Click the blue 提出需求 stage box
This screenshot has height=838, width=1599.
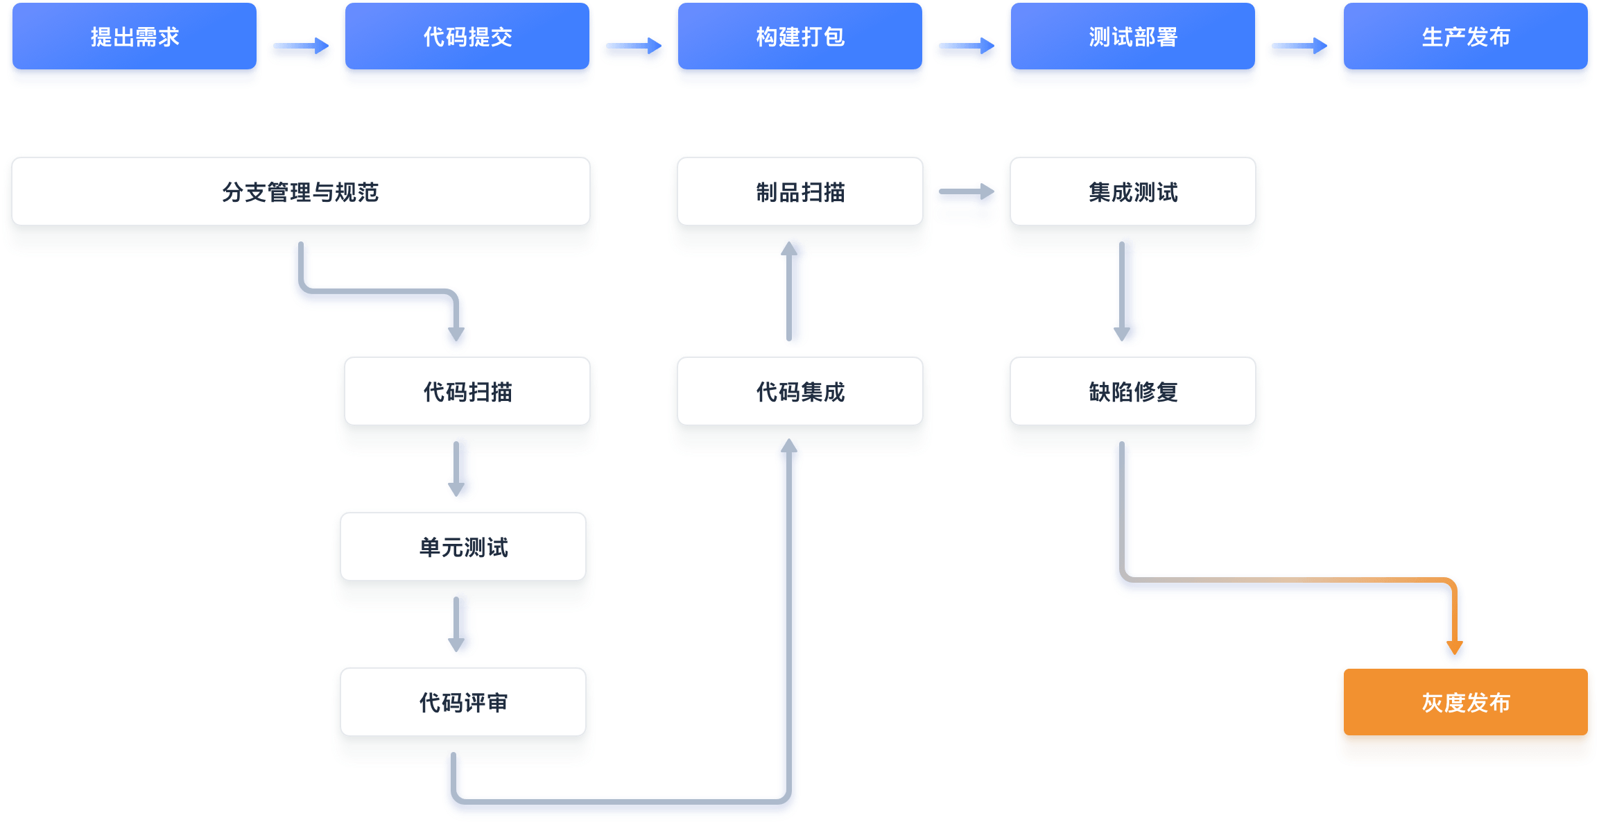[135, 37]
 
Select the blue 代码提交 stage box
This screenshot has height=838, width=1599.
[467, 37]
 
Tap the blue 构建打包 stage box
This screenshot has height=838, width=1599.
[800, 37]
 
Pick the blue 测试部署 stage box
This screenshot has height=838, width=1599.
[1133, 37]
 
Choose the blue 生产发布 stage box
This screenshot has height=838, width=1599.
[1466, 37]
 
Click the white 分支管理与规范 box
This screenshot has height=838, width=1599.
[301, 192]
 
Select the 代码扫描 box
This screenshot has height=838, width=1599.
[467, 392]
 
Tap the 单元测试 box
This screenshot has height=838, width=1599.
[463, 547]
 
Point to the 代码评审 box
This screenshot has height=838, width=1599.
[463, 703]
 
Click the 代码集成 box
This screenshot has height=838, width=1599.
[800, 392]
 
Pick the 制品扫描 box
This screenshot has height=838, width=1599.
[800, 192]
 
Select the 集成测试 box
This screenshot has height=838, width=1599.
[1133, 192]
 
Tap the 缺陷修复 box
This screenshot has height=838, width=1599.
[1133, 392]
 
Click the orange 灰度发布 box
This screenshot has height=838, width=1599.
[1466, 703]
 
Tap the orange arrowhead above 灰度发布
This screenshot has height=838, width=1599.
[1455, 647]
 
